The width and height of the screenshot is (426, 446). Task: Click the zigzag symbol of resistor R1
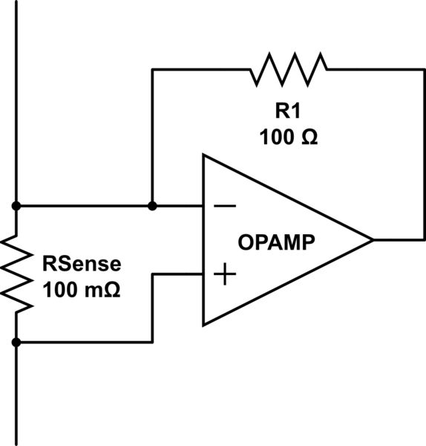pos(289,69)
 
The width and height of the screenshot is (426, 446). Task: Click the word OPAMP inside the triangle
pos(276,242)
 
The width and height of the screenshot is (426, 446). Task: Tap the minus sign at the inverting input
pos(225,206)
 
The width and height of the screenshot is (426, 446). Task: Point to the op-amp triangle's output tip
pos(371,240)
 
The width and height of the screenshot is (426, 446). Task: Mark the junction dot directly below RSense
pos(16,343)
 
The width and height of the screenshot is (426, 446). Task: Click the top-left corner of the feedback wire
pos(152,69)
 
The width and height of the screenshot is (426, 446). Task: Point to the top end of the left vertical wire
pos(16,2)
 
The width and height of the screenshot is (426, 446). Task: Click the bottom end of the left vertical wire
pos(16,443)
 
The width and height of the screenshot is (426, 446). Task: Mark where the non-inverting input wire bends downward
pos(152,274)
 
